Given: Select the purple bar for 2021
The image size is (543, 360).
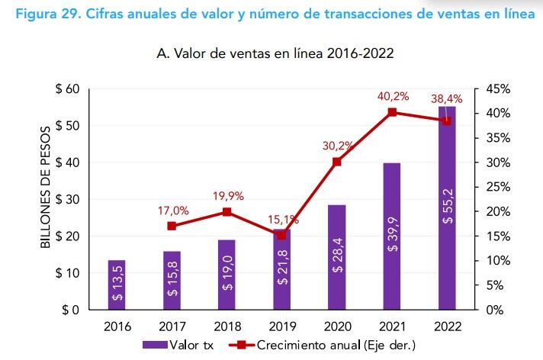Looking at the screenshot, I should (x=391, y=236).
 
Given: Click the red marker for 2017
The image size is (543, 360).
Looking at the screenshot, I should (x=172, y=226).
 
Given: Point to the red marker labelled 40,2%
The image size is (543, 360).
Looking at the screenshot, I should (x=392, y=112).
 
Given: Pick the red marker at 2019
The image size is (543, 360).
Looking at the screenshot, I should (x=282, y=235).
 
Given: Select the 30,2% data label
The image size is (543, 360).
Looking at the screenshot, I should (x=336, y=145).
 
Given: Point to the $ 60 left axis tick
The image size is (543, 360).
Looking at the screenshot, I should (x=67, y=89).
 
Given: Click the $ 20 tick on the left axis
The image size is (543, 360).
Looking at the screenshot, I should (x=67, y=236).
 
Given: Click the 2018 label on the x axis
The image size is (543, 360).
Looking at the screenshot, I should (x=227, y=326).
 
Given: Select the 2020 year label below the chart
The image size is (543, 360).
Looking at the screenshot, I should (x=336, y=326).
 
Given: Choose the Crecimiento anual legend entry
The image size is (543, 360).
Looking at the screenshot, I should (x=320, y=346).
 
